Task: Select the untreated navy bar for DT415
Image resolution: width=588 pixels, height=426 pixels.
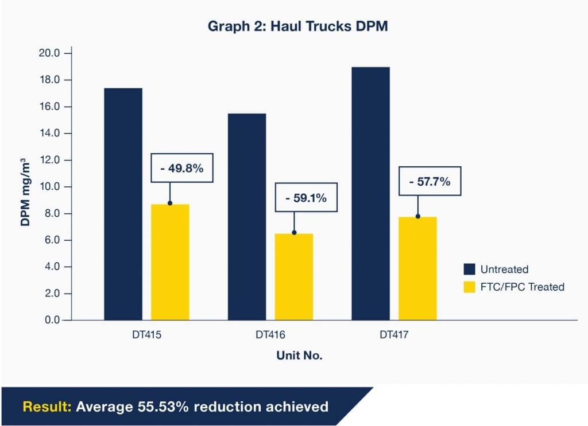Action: click(123, 204)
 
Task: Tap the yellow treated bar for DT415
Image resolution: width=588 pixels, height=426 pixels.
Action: click(170, 262)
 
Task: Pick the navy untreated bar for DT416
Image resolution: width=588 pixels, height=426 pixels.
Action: click(247, 216)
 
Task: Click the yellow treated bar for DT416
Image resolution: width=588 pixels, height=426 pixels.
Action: click(294, 276)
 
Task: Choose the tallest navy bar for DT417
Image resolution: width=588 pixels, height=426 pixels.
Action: click(370, 193)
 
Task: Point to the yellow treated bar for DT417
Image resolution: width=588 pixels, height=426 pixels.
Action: click(417, 268)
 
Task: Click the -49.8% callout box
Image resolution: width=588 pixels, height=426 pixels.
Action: click(181, 168)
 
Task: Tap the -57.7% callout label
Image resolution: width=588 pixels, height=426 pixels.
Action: click(430, 182)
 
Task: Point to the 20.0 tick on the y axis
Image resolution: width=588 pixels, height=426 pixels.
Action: click(49, 53)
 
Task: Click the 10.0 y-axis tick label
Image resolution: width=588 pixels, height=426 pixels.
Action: click(49, 187)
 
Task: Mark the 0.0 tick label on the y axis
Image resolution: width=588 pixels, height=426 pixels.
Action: click(52, 321)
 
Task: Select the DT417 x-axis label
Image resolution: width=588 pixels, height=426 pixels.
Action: click(394, 334)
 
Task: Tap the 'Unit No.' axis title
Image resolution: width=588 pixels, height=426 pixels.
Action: click(299, 355)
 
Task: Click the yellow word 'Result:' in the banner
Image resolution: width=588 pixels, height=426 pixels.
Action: click(47, 407)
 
